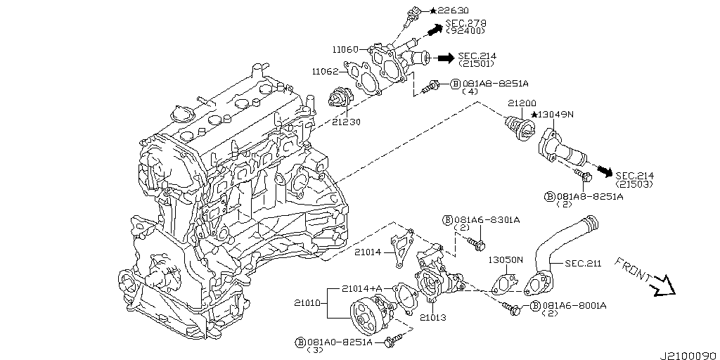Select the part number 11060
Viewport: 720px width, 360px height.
[346, 50]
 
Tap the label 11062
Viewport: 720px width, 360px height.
[326, 71]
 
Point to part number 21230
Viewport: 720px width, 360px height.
[346, 121]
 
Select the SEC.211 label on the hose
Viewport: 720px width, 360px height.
[583, 264]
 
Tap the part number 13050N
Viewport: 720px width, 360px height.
[506, 259]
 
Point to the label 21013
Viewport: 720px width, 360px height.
[433, 318]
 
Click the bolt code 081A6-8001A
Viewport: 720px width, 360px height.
[574, 306]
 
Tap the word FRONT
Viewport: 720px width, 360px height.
[632, 270]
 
